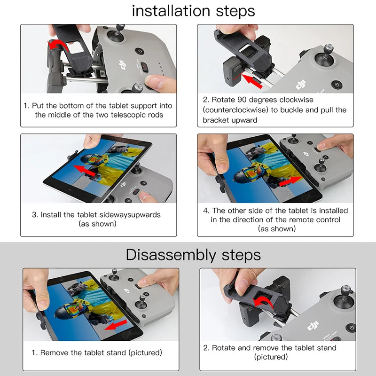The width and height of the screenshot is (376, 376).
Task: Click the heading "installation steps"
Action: tap(193, 10)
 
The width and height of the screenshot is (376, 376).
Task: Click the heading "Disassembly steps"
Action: tap(193, 255)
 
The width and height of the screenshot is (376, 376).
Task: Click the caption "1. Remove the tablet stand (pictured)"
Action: tap(97, 352)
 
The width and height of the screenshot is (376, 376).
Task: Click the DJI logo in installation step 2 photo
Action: tap(301, 86)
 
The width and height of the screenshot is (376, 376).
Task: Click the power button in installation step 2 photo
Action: tap(336, 85)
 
